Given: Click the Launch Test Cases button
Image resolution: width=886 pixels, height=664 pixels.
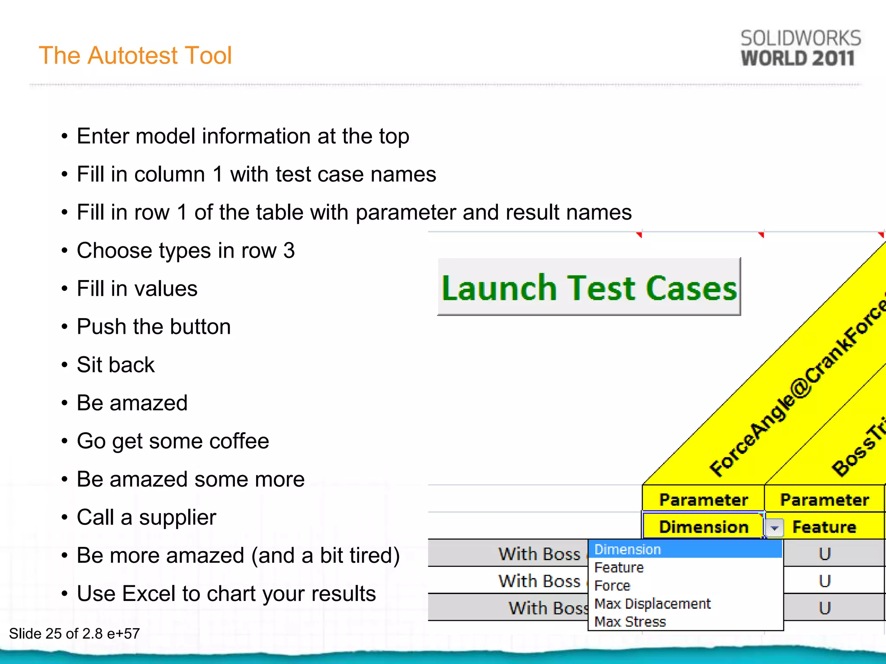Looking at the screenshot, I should [x=589, y=287].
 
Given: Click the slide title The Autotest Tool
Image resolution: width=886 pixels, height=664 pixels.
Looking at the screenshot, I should [x=135, y=55].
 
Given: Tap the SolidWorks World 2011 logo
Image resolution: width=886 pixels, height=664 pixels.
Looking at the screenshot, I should [x=800, y=48].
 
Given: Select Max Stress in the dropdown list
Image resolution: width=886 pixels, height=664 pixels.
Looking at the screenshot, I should [x=630, y=622].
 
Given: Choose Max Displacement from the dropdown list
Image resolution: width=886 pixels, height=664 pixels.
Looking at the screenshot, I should [x=652, y=603].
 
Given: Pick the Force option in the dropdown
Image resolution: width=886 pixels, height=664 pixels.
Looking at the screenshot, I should [x=612, y=585].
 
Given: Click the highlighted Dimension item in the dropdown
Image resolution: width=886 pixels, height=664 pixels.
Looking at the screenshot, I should [x=628, y=549].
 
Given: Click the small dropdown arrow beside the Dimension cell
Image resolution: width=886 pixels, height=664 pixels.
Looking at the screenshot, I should [x=774, y=528].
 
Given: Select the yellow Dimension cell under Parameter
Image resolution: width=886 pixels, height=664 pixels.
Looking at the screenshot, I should [x=703, y=527].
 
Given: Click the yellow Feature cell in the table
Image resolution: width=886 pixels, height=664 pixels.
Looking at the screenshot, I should [x=824, y=527].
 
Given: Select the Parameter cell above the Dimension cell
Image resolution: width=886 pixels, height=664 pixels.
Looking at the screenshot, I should [x=703, y=500].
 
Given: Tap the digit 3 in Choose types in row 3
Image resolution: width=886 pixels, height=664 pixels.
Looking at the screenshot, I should [x=289, y=251].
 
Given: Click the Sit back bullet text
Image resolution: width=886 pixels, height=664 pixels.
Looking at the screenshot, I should [x=116, y=365].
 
